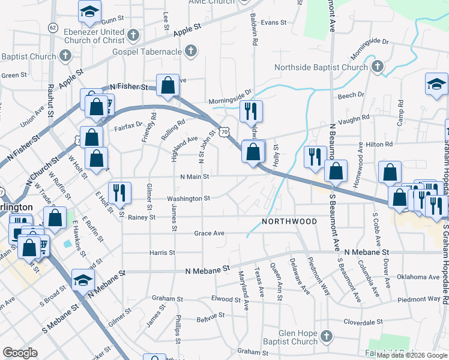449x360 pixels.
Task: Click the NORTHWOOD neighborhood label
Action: tap(289, 222)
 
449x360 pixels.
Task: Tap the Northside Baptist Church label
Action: tap(321, 67)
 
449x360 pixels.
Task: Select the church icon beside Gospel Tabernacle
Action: tap(191, 51)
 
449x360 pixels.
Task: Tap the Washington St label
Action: tap(188, 198)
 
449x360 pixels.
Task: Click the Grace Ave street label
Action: tap(209, 233)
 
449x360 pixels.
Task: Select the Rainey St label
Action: tap(142, 217)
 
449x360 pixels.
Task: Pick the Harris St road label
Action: tap(162, 253)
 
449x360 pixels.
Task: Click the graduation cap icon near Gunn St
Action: tap(89, 10)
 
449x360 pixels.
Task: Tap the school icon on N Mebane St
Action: tap(83, 280)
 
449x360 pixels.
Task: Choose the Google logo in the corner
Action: tap(20, 353)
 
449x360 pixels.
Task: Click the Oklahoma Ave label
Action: tap(418, 277)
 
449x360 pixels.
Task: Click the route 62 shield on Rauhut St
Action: tap(53, 28)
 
